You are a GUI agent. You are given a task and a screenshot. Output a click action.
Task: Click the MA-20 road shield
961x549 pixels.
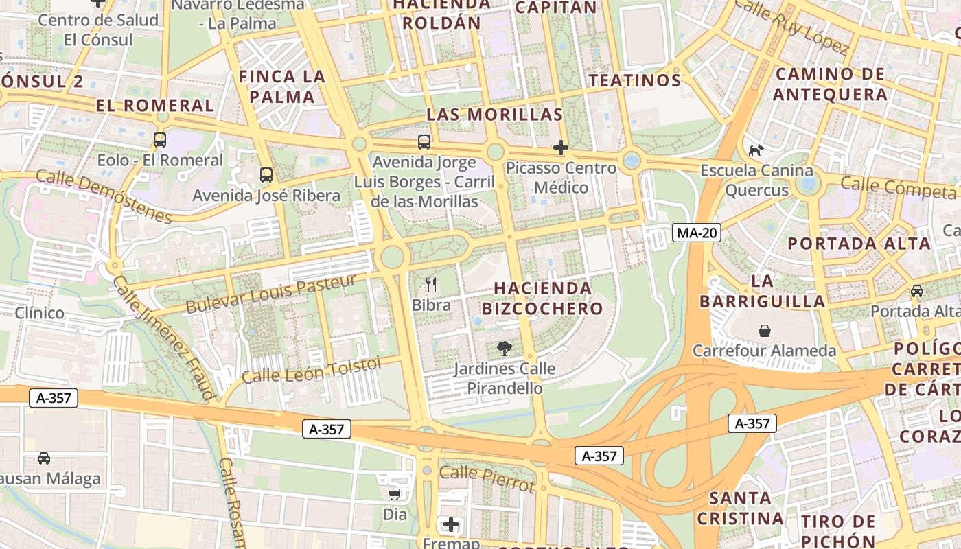(x=697, y=233)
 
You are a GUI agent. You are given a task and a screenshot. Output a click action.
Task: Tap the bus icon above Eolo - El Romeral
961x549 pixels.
(x=160, y=140)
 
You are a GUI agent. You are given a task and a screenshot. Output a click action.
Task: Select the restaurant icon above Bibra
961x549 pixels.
(x=431, y=284)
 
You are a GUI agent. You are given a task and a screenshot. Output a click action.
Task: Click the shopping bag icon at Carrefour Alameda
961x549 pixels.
(x=764, y=331)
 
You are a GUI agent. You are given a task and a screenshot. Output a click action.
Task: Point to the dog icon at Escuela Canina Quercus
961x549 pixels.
(x=756, y=150)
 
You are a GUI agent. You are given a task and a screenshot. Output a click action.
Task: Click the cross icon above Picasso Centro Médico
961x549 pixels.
(x=561, y=148)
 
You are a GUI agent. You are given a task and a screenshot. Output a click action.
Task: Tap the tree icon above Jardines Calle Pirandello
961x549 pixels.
(x=505, y=348)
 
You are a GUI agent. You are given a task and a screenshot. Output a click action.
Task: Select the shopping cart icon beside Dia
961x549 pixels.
(x=395, y=494)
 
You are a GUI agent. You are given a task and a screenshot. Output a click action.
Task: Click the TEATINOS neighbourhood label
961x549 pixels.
(x=635, y=80)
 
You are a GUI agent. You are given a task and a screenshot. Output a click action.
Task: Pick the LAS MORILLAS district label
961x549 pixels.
(x=495, y=115)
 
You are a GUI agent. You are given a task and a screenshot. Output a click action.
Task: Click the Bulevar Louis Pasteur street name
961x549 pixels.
(x=271, y=293)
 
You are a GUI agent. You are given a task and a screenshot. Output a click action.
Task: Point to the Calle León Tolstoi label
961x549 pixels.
(x=311, y=371)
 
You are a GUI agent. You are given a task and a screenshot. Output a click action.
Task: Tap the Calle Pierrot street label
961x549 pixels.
(x=486, y=478)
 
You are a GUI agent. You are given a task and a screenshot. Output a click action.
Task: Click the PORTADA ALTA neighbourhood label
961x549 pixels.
(x=859, y=243)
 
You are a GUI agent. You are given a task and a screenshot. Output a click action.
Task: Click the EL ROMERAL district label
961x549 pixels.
(x=155, y=105)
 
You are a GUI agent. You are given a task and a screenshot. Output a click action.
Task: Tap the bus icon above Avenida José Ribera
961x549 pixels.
(x=266, y=175)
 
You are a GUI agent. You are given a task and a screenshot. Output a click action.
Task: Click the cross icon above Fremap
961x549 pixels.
(x=450, y=525)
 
